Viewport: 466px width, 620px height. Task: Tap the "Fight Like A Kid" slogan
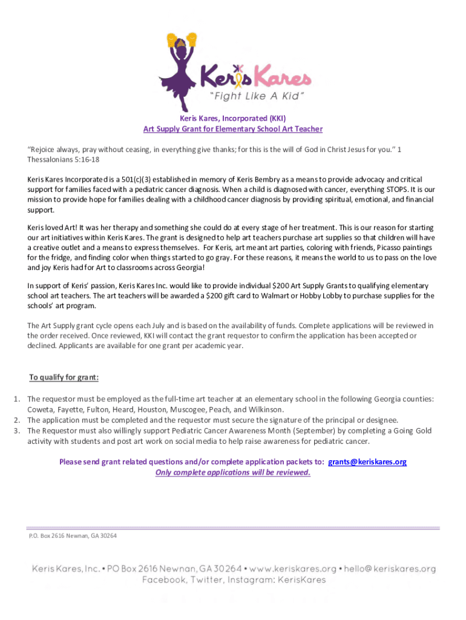tap(264, 96)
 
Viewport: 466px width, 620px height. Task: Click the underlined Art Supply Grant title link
tap(232, 129)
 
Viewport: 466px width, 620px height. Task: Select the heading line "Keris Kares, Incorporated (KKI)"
tap(232, 119)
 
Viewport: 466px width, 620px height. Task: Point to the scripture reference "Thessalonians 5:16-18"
tap(64, 160)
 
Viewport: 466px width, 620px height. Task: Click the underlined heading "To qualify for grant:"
tap(64, 377)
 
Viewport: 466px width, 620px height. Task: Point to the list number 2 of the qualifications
tap(18, 420)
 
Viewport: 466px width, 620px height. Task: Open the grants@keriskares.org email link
tap(367, 462)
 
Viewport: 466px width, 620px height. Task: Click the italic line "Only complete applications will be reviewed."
tap(232, 472)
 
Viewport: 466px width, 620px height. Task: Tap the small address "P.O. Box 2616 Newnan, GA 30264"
tap(73, 536)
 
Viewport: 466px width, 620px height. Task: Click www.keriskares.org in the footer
tap(292, 569)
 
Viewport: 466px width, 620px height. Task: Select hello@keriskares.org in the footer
tap(391, 569)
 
